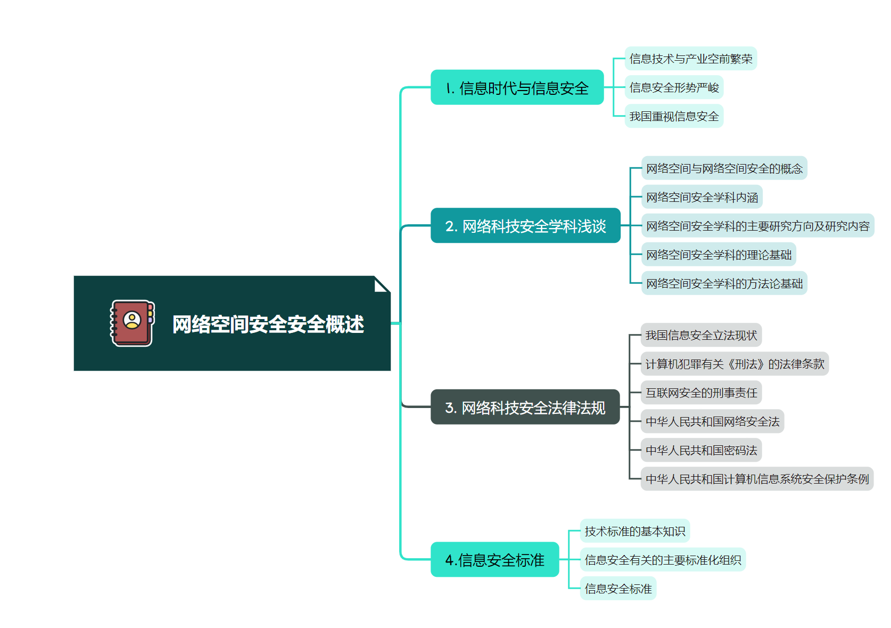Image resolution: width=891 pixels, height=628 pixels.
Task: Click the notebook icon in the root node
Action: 132,323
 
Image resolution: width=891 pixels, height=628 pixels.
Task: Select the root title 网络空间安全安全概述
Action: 268,324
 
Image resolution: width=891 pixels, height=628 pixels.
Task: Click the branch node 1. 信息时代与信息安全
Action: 517,88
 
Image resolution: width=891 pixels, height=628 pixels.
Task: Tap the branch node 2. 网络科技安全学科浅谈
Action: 525,226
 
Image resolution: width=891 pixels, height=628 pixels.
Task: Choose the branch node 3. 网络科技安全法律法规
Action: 525,407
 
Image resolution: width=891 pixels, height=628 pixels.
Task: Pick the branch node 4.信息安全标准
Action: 494,560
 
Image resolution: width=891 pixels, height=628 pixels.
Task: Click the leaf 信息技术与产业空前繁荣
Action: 690,59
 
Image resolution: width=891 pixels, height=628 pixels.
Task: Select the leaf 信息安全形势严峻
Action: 674,87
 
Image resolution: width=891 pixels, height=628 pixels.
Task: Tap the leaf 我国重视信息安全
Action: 674,116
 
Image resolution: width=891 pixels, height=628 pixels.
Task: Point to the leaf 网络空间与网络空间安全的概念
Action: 724,168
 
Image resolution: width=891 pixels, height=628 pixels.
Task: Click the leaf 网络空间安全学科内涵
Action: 702,197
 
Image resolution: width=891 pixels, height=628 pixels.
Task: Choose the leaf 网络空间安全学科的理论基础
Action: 719,255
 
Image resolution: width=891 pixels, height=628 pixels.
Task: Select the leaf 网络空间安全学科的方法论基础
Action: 724,283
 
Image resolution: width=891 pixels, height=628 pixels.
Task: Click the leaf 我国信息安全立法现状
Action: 701,335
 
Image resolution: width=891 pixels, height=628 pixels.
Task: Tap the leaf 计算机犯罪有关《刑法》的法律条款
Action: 735,364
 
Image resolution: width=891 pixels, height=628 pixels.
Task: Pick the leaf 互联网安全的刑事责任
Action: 701,393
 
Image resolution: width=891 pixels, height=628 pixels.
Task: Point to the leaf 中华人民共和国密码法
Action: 701,450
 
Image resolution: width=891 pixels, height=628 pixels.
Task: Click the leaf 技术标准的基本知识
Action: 634,531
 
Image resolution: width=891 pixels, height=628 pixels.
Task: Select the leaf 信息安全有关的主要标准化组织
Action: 663,560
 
